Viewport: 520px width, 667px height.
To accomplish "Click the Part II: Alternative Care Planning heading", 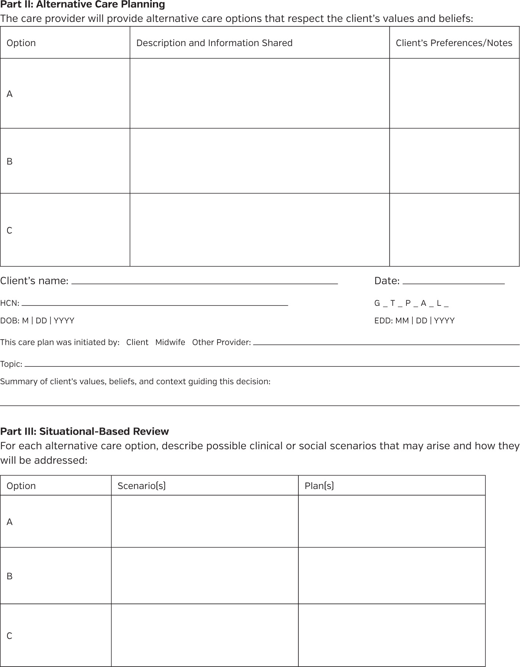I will (82, 5).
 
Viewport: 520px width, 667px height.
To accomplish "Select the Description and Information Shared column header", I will (214, 43).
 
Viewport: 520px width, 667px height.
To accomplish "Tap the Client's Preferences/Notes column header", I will (454, 43).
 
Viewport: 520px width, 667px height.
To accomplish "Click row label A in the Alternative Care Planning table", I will (10, 94).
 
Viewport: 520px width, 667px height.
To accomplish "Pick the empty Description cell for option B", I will (259, 161).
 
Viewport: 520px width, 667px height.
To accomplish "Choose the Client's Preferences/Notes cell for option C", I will (454, 230).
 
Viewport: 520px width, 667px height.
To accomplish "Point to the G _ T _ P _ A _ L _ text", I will (411, 303).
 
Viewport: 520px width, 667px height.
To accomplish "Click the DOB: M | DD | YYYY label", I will (37, 321).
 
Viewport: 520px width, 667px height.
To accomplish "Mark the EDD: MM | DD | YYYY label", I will (414, 321).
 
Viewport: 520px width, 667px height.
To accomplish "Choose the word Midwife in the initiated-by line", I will (170, 342).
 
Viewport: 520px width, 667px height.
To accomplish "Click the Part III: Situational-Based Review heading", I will (84, 431).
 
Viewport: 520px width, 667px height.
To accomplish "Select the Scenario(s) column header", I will (141, 486).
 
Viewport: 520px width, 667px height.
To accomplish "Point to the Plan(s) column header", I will (319, 486).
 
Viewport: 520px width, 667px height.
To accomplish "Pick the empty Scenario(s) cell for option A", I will (205, 521).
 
